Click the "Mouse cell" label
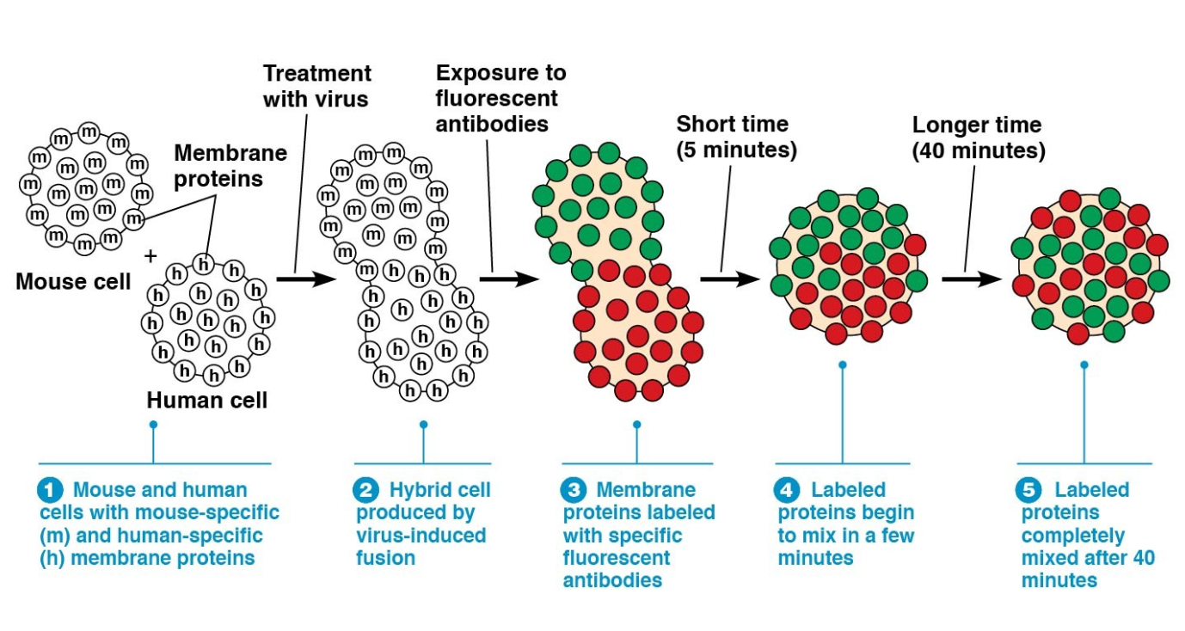coord(73,282)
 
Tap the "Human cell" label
coord(207,400)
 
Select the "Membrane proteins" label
coord(230,165)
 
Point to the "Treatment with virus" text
coord(316,86)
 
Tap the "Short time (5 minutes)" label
coord(736,138)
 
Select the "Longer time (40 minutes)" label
coord(979,138)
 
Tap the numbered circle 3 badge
coord(574,491)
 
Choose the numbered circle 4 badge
coord(788,491)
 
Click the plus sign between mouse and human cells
coord(152,255)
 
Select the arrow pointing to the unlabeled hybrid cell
coord(305,279)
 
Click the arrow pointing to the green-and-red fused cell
coord(509,279)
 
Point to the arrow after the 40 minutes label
coord(971,279)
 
